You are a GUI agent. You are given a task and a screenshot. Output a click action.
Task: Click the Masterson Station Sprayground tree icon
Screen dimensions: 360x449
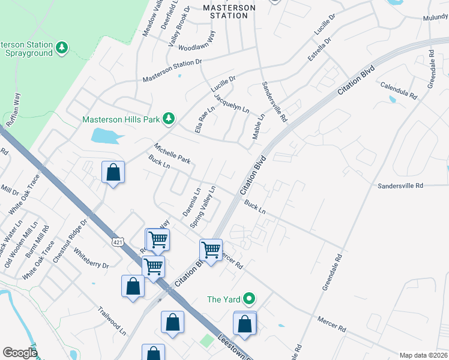[x=61, y=47]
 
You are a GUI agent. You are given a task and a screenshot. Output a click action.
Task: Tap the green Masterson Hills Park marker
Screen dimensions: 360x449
[x=169, y=119]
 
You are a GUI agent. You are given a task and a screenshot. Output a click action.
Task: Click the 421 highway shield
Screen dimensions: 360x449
[x=116, y=241]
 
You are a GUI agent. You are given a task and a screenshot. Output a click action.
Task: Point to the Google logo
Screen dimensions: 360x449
[x=20, y=353]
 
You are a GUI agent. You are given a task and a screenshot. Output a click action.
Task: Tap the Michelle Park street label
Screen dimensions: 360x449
[x=172, y=154]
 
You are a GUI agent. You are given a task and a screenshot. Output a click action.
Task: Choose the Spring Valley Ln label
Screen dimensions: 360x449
[x=203, y=206]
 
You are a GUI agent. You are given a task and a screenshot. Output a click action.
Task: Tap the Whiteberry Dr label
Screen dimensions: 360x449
[x=91, y=256]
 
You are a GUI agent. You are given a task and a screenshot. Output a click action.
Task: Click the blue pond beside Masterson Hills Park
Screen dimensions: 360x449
[x=107, y=136]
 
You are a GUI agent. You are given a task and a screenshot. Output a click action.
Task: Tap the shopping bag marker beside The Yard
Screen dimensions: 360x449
[x=244, y=325]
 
